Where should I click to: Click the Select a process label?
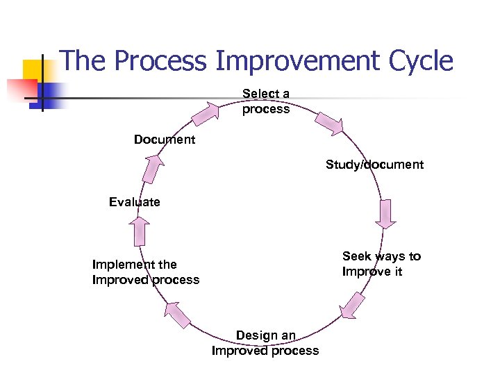click(x=266, y=101)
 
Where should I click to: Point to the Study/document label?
click(x=374, y=165)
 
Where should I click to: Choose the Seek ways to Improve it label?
click(x=381, y=264)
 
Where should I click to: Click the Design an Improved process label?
click(x=265, y=343)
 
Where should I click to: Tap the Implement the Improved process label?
click(x=145, y=272)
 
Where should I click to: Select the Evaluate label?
click(x=134, y=202)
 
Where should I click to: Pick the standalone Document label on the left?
click(x=165, y=140)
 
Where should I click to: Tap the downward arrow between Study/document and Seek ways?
click(x=385, y=214)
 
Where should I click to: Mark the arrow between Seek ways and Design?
click(x=353, y=306)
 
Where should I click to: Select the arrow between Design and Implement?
click(x=178, y=313)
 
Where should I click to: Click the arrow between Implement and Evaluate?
click(x=140, y=231)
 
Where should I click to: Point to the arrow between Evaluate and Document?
click(x=153, y=167)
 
